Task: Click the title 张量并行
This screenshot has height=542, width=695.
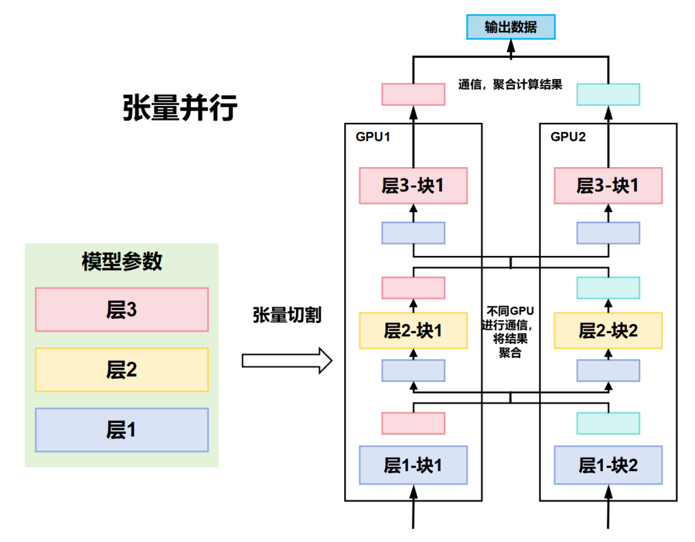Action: click(x=180, y=108)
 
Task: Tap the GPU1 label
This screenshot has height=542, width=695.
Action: click(x=373, y=137)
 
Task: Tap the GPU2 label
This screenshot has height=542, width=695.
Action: click(x=569, y=137)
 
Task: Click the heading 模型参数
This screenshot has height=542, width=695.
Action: click(x=122, y=262)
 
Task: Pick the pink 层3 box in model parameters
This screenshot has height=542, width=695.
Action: click(x=122, y=310)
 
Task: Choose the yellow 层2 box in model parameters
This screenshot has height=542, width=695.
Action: click(x=122, y=370)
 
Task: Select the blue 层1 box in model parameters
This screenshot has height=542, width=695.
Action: click(x=122, y=429)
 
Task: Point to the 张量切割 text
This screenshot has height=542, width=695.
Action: click(x=287, y=315)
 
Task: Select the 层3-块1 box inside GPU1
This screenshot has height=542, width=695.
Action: click(x=413, y=186)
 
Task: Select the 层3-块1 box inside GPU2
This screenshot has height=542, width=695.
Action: click(x=608, y=186)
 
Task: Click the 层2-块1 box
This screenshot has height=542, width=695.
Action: click(x=413, y=330)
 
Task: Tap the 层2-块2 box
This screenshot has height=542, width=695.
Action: click(x=608, y=330)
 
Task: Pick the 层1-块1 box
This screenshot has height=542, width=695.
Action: click(x=413, y=464)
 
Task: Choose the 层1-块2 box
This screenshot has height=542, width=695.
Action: click(x=608, y=464)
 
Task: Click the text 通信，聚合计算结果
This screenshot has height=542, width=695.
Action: click(x=510, y=84)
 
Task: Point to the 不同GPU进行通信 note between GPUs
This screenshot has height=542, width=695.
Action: click(x=510, y=330)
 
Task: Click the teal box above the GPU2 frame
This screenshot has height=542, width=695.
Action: click(x=608, y=94)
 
